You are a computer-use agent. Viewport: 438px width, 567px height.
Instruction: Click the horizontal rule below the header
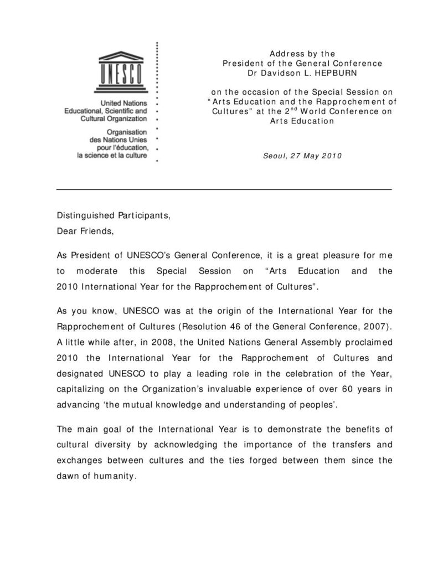[x=224, y=190]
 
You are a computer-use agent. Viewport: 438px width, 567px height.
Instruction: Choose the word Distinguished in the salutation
[x=83, y=215]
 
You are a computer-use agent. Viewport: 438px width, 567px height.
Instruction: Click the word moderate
[x=95, y=271]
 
